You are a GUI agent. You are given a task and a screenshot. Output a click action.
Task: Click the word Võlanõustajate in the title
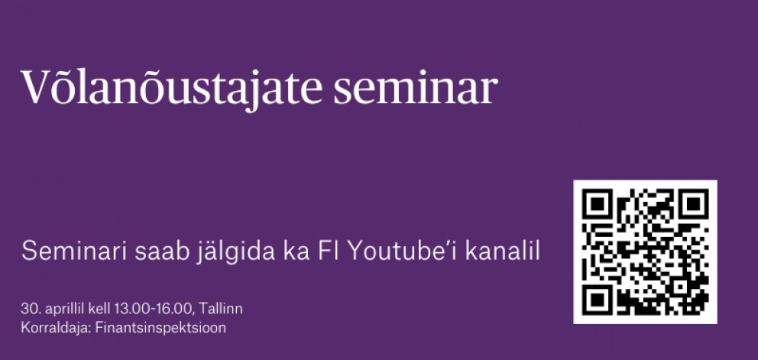[x=171, y=86]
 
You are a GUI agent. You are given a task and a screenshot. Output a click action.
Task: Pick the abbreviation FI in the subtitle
[x=329, y=251]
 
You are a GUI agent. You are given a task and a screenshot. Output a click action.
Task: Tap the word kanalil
[x=502, y=251]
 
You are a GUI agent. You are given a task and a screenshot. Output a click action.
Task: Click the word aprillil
[x=65, y=310]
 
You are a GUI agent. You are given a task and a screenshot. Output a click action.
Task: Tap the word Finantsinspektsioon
[x=160, y=328]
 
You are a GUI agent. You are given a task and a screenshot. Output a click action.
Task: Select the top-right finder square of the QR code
[x=693, y=205]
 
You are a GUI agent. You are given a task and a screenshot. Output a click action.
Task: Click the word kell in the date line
[x=99, y=308]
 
